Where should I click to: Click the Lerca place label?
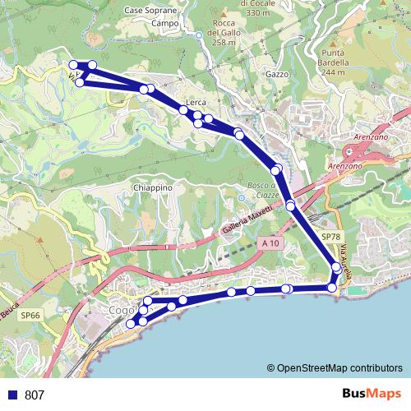click(196, 102)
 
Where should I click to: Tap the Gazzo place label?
click(277, 74)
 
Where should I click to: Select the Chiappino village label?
click(153, 187)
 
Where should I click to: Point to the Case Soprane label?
click(151, 10)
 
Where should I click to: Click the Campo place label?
click(165, 24)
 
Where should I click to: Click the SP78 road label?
click(331, 237)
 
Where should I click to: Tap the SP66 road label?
click(30, 315)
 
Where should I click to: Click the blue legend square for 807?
click(12, 395)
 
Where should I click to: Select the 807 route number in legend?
click(35, 395)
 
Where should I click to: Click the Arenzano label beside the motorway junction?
click(344, 166)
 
